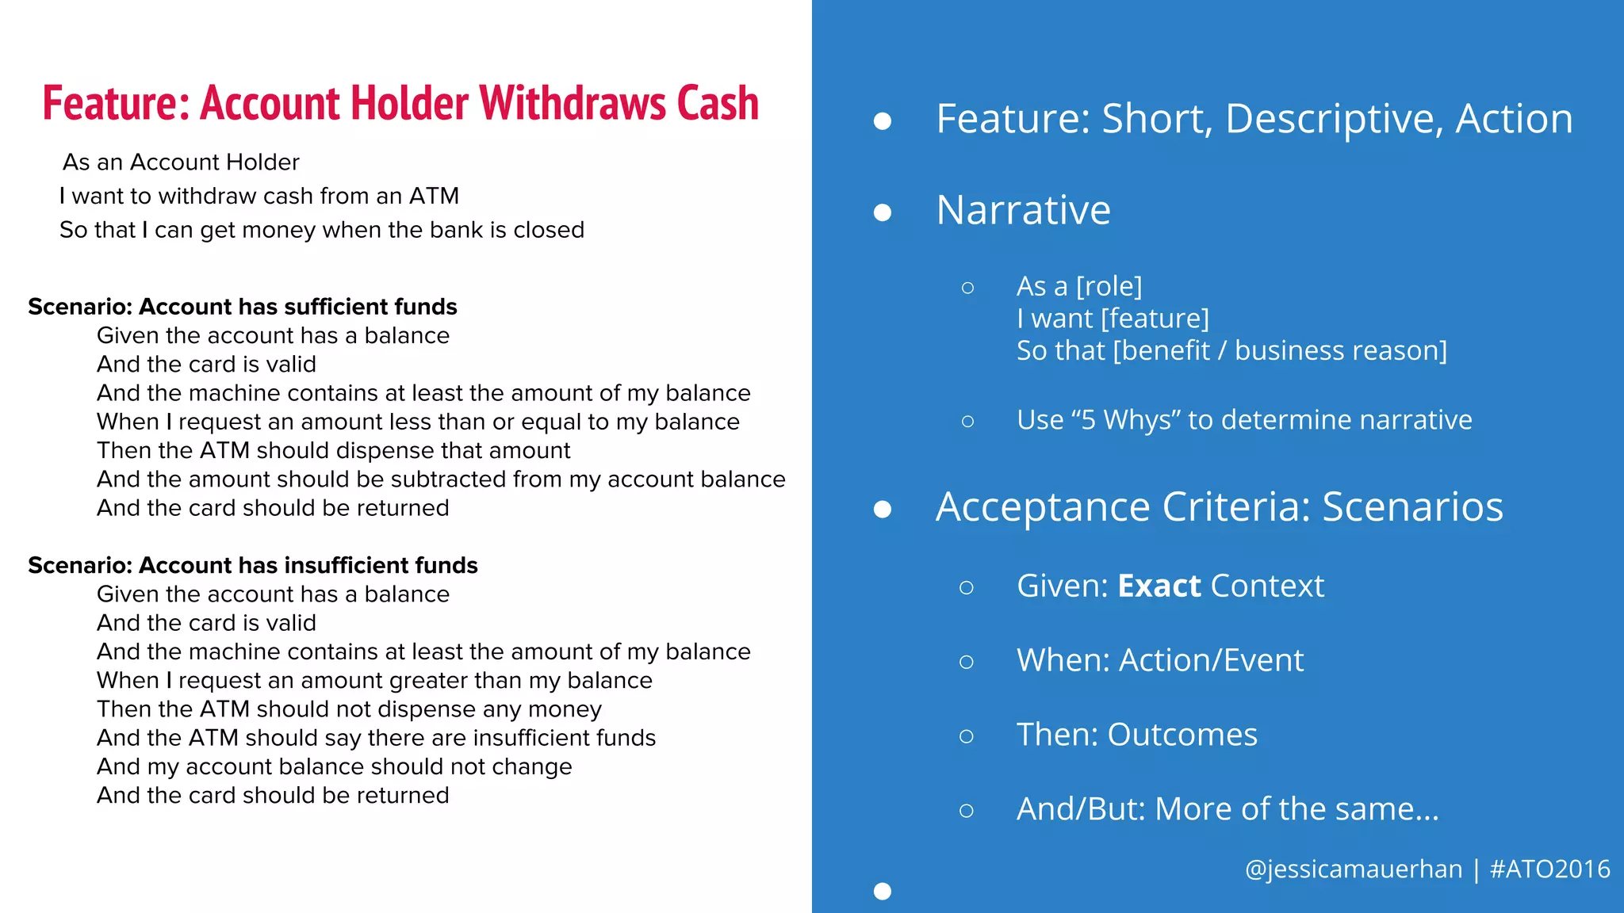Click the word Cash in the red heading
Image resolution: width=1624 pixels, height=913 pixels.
[718, 104]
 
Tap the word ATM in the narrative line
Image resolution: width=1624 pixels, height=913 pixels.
[434, 196]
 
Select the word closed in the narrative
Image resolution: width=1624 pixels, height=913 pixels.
[548, 230]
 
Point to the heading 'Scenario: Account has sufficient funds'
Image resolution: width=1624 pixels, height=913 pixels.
[243, 307]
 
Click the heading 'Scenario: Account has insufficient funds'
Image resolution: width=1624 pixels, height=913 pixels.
[253, 565]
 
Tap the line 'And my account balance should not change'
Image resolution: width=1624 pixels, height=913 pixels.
[334, 767]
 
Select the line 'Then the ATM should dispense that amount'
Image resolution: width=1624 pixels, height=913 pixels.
[333, 451]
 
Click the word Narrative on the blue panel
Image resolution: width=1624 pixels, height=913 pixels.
[1023, 210]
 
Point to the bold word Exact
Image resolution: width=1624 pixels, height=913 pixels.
[1159, 586]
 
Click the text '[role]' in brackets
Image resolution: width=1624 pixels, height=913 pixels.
[1109, 286]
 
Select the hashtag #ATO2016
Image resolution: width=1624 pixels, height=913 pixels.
[1549, 869]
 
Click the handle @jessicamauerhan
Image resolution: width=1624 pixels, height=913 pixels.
[1353, 869]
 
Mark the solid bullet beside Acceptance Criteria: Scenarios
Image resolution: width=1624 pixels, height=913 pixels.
[883, 509]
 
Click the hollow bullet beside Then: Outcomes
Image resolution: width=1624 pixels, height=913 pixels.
[966, 736]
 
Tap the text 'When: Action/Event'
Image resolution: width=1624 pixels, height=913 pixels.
[1159, 661]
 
